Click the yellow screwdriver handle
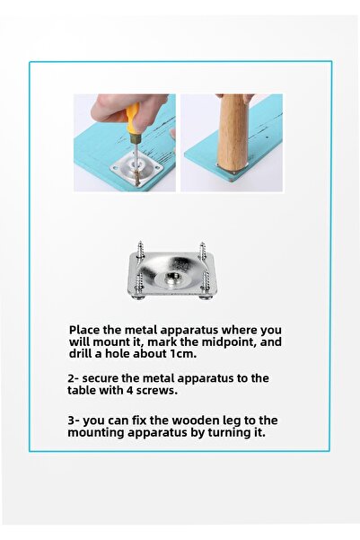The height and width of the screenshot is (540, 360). click(x=132, y=120)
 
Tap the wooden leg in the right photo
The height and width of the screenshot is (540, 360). click(x=231, y=133)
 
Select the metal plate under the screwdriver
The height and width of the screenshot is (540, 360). click(x=136, y=167)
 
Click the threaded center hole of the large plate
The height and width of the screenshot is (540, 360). click(x=171, y=276)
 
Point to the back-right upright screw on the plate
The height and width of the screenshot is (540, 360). click(x=202, y=250)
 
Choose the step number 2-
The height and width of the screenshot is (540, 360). click(x=74, y=378)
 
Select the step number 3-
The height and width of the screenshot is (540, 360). click(x=74, y=420)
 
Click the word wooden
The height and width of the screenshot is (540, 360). click(x=195, y=420)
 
